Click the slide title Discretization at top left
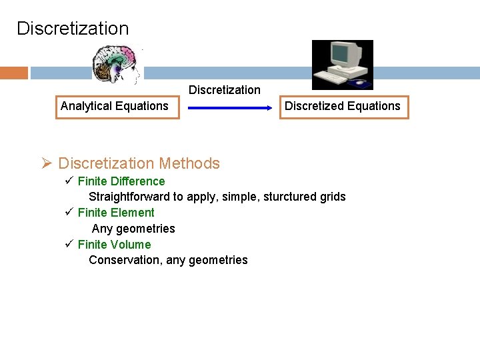click(x=73, y=29)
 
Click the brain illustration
click(x=117, y=65)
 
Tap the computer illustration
click(x=342, y=64)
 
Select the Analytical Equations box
click(x=117, y=106)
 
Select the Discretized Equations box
click(x=343, y=106)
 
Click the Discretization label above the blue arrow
click(x=225, y=90)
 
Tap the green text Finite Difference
click(x=121, y=181)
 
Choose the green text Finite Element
click(x=116, y=213)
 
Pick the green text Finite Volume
click(x=115, y=245)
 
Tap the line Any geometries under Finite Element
click(x=133, y=229)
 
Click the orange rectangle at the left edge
click(x=13, y=73)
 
